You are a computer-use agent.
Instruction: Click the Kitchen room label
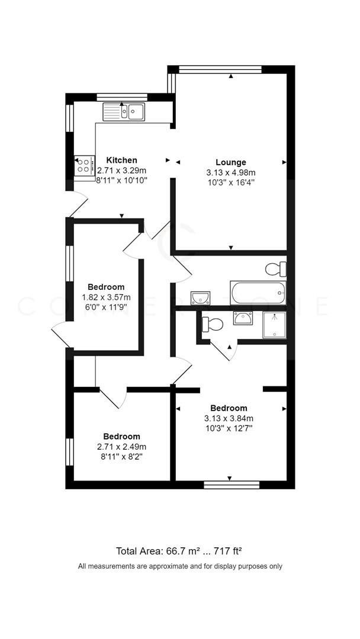point(121,160)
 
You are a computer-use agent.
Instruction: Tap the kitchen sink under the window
point(124,111)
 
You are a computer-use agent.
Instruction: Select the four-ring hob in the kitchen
point(83,165)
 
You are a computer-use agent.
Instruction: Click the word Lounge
point(230,162)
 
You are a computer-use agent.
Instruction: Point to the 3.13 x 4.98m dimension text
point(230,172)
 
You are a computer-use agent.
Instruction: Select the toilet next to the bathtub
point(277,270)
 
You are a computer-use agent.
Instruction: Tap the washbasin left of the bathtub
point(196,298)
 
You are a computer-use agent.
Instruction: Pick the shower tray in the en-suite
point(274,325)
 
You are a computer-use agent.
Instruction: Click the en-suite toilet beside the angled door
point(213,324)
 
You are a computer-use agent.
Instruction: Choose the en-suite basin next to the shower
point(242,318)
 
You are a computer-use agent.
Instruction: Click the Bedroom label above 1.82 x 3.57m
point(106,287)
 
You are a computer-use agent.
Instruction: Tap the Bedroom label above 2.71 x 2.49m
point(121,437)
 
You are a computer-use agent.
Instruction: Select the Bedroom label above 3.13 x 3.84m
point(229,408)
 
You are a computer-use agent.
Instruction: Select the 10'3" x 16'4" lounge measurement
point(230,182)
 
